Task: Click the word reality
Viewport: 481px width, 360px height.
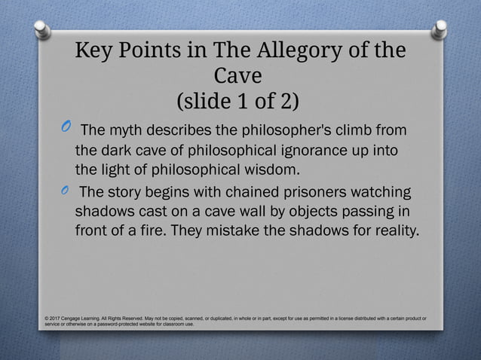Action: [x=391, y=230]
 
